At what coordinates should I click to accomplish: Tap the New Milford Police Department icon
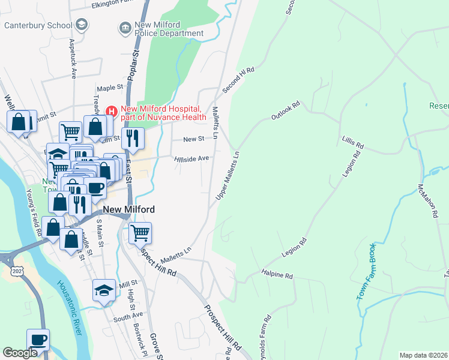pyautogui.click(x=125, y=27)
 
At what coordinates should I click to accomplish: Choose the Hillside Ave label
pyautogui.click(x=191, y=158)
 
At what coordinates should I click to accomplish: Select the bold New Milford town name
pyautogui.click(x=129, y=209)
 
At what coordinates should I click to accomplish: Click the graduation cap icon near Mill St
pyautogui.click(x=103, y=290)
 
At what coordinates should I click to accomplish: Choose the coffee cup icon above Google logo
pyautogui.click(x=38, y=339)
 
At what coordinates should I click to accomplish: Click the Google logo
pyautogui.click(x=20, y=353)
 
